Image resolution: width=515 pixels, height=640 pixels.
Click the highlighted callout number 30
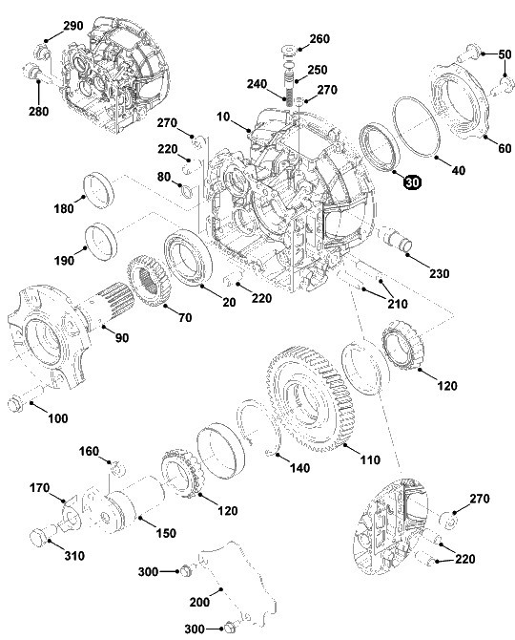pos(412,182)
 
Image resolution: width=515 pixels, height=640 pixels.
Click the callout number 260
pos(319,39)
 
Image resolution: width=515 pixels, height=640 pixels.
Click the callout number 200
pos(199,602)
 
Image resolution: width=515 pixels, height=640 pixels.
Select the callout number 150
pos(166,533)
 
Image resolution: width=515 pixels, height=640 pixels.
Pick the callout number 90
pos(122,337)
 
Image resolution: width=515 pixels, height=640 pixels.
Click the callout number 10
pos(223,117)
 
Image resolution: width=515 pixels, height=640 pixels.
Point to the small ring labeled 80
pos(186,190)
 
